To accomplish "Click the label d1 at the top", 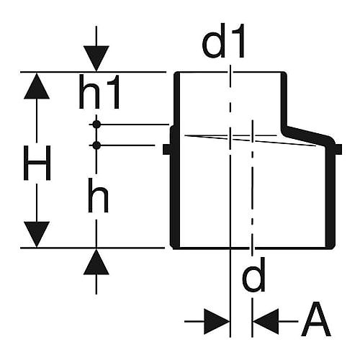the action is (x=223, y=40).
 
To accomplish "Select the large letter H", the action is (x=37, y=163).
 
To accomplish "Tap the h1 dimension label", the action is (x=99, y=91).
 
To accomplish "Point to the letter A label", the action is (x=316, y=319).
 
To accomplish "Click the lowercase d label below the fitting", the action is (x=253, y=274).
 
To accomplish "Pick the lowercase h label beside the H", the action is (x=98, y=195).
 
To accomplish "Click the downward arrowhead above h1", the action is (x=96, y=58).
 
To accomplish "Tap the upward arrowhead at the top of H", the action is (x=37, y=86).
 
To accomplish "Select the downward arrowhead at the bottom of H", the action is (x=37, y=234).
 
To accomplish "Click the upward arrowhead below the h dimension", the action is (x=96, y=261).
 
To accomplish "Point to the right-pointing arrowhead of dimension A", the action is (x=217, y=321).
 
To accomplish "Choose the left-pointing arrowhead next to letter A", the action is (x=266, y=321).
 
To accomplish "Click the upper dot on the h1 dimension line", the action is (x=96, y=125).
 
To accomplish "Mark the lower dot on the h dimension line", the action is (x=96, y=145).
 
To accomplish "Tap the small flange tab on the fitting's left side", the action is (x=166, y=149).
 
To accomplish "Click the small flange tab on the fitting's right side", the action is (x=338, y=149).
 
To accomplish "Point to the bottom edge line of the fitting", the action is (x=252, y=248).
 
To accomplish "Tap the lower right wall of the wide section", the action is (x=330, y=197).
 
